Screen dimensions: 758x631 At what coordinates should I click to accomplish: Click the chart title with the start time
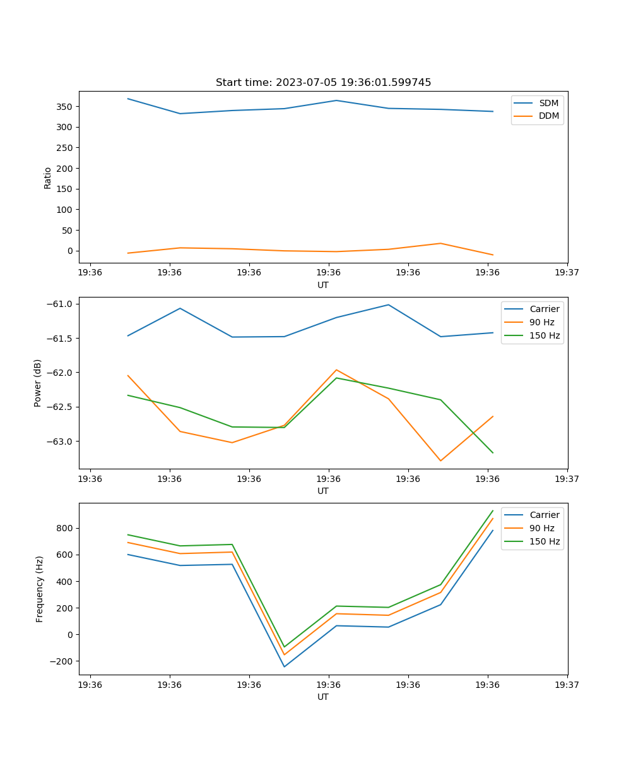pyautogui.click(x=323, y=83)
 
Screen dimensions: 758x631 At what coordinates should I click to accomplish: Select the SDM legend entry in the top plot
pyautogui.click(x=548, y=103)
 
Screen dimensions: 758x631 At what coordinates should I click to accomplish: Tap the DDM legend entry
pyautogui.click(x=548, y=116)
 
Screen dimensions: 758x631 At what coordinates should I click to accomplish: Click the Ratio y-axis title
pyautogui.click(x=48, y=177)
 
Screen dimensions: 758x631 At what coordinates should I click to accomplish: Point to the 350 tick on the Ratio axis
pyautogui.click(x=66, y=107)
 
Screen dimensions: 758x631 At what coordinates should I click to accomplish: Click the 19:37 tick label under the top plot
pyautogui.click(x=567, y=273)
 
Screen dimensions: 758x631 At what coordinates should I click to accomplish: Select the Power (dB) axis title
pyautogui.click(x=38, y=383)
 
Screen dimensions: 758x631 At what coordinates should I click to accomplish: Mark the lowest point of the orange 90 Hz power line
pyautogui.click(x=440, y=460)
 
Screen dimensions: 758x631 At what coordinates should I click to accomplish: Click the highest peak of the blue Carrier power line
pyautogui.click(x=388, y=304)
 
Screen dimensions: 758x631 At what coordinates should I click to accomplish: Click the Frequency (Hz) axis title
pyautogui.click(x=40, y=589)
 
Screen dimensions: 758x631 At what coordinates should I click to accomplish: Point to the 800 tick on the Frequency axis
pyautogui.click(x=66, y=528)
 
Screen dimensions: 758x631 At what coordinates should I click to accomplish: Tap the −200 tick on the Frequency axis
pyautogui.click(x=63, y=661)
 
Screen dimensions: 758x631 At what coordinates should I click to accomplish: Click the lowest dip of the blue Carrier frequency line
pyautogui.click(x=284, y=666)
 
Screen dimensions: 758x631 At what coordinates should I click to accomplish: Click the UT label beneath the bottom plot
pyautogui.click(x=323, y=697)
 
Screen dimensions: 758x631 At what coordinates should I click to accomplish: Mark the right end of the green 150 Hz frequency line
pyautogui.click(x=493, y=510)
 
